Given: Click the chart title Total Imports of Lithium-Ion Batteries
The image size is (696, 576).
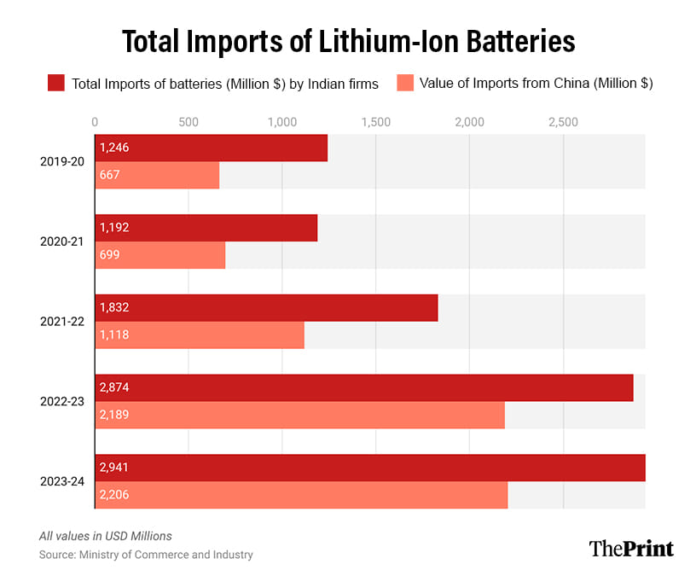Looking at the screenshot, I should pos(348,41).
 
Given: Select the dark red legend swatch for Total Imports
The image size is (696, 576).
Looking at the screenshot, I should pos(55,83).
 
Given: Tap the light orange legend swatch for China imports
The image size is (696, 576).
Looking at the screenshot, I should pos(405,83).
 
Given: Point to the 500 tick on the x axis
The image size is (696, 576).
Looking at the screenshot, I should pos(188,122).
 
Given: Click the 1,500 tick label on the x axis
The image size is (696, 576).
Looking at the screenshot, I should pos(375,122).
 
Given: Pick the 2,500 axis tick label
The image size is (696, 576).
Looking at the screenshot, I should pos(562,122).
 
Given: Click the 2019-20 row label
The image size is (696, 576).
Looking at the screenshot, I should pos(61,160).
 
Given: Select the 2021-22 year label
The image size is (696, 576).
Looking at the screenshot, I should pos(61,321).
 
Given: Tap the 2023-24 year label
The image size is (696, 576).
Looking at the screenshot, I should pos(61,480).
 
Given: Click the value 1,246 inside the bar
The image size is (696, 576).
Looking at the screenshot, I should pos(114,148).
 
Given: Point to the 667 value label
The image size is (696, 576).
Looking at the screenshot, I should pos(109,175).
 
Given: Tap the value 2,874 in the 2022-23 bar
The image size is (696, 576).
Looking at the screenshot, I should pos(114,387).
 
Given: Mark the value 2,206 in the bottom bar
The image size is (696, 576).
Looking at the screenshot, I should pos(114,495).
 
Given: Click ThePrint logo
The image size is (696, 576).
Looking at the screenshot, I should pos(631,548).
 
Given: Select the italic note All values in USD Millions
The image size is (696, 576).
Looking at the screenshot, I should pos(105,536).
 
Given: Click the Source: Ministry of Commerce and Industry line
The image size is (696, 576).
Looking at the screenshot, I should pos(146,555).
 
